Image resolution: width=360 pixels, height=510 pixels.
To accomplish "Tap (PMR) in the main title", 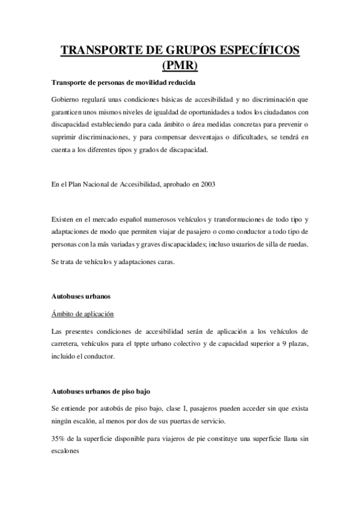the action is (x=180, y=65).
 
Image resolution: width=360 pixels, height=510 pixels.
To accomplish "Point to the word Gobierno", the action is (x=68, y=99).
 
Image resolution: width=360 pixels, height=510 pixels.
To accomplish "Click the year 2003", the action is (x=206, y=185).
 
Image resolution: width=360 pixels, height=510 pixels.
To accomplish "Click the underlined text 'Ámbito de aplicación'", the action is (x=82, y=314).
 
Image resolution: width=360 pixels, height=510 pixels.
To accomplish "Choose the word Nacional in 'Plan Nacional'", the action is (x=103, y=185).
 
